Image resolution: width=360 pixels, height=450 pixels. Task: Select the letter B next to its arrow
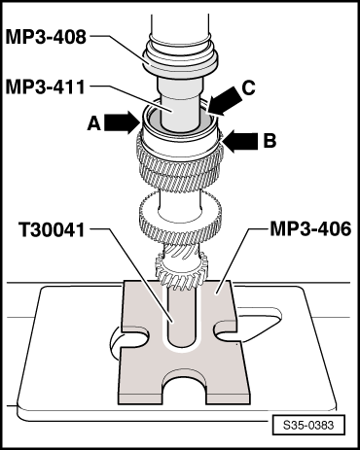270,140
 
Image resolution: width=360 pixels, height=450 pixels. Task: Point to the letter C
250,86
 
